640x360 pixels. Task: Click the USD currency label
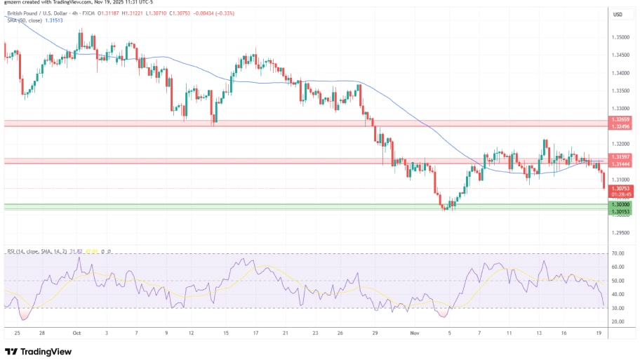click(x=618, y=14)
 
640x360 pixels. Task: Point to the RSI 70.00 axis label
click(x=618, y=253)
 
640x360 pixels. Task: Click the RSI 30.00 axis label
click(x=618, y=308)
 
